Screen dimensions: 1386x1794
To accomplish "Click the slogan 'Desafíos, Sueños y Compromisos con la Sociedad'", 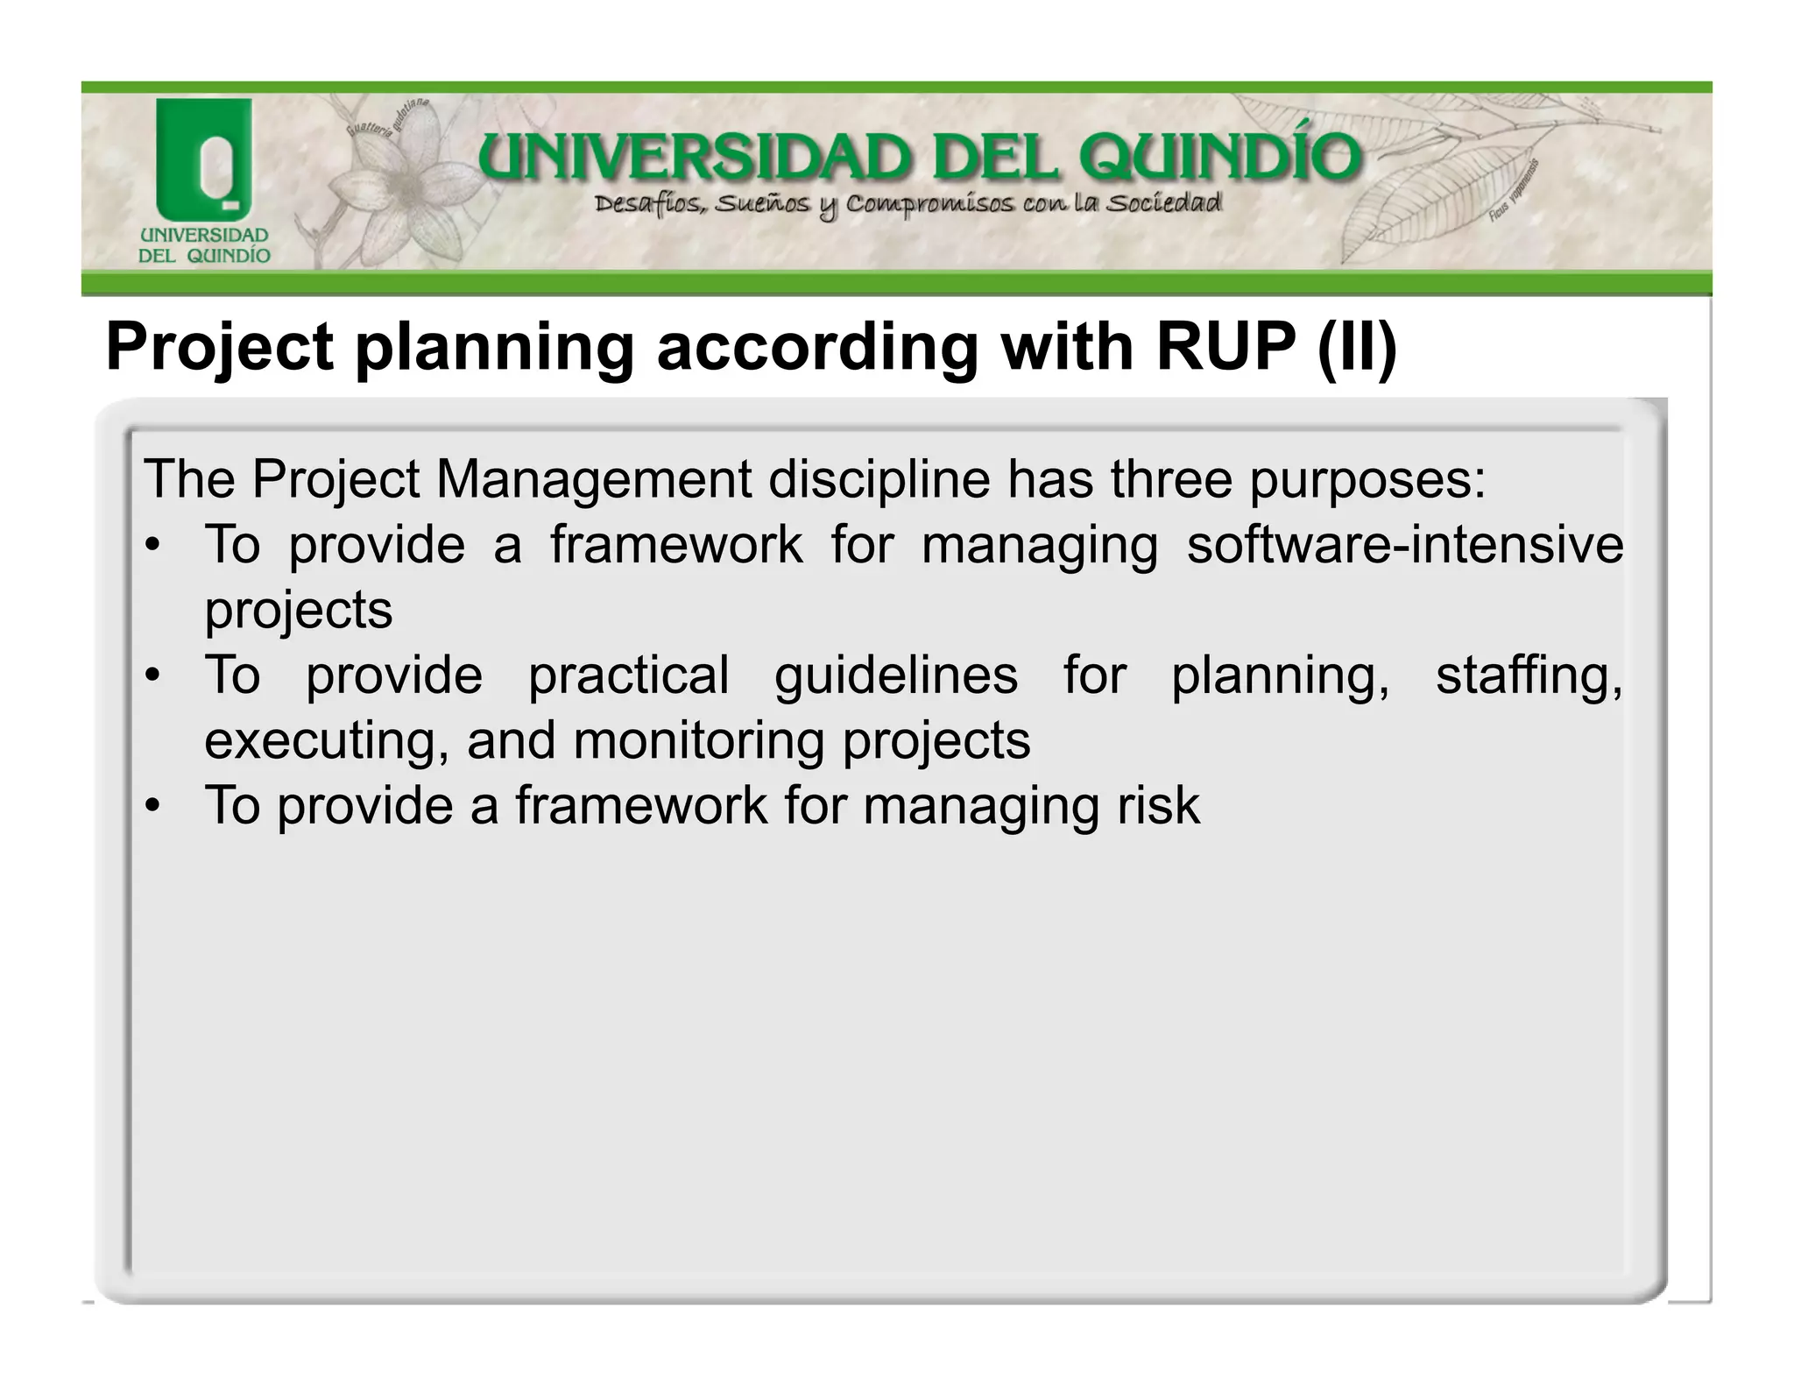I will [x=907, y=205].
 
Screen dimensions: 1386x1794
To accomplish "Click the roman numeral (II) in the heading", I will [x=1357, y=348].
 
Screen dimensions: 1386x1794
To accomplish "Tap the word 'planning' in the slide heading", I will [x=493, y=348].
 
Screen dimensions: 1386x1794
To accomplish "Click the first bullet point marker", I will [x=152, y=546].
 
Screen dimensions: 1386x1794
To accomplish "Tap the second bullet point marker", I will [x=152, y=675].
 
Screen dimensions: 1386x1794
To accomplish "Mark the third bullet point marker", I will [x=152, y=806].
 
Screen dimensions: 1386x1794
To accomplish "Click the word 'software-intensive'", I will [x=1404, y=544].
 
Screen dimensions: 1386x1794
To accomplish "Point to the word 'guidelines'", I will [x=895, y=675].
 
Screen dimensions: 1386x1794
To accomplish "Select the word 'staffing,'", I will [x=1529, y=675].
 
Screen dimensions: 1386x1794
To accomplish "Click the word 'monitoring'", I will [x=698, y=740].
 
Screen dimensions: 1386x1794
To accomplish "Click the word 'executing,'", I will [x=327, y=740].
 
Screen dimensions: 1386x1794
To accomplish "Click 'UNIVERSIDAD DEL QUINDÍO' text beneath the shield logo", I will [x=204, y=246].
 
